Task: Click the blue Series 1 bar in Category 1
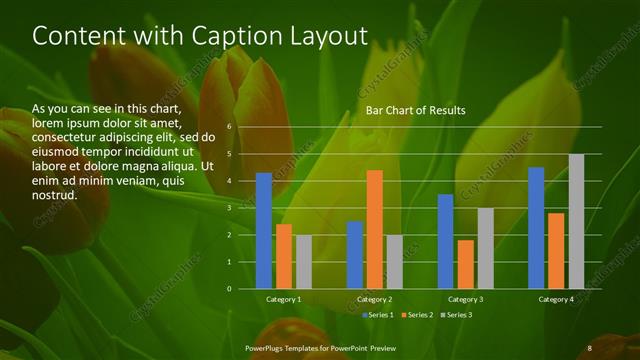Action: (264, 231)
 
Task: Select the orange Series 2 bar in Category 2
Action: (375, 229)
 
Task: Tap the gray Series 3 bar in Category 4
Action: (576, 221)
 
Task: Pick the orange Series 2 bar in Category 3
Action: (466, 264)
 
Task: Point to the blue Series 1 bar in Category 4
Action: (536, 228)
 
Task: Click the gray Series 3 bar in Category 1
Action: (304, 262)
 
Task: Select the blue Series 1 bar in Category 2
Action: (355, 255)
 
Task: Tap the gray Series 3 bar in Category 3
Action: (486, 248)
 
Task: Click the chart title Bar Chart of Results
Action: (415, 110)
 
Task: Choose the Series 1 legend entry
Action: (376, 315)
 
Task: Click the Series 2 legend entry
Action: (416, 315)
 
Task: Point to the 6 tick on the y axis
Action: (229, 127)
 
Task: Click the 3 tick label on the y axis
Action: (229, 208)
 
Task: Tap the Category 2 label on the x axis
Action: (375, 300)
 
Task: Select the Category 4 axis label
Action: (556, 300)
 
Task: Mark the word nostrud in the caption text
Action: (55, 195)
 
